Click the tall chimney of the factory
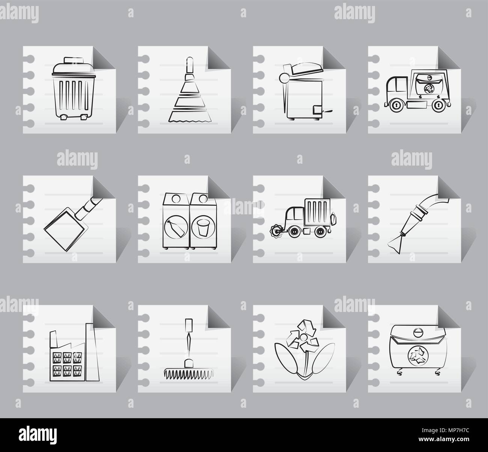click(90, 349)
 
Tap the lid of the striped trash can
click(71, 68)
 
